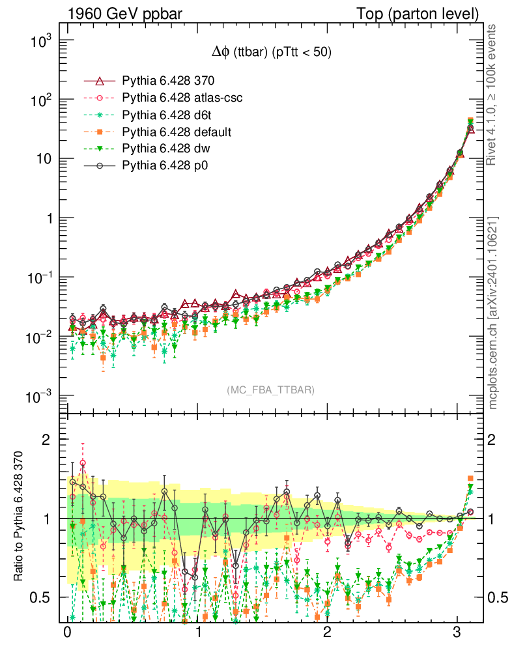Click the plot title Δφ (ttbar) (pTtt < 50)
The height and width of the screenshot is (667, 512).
click(271, 53)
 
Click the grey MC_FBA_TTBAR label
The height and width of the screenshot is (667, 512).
click(271, 390)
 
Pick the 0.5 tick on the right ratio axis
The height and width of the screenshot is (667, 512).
click(498, 597)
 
